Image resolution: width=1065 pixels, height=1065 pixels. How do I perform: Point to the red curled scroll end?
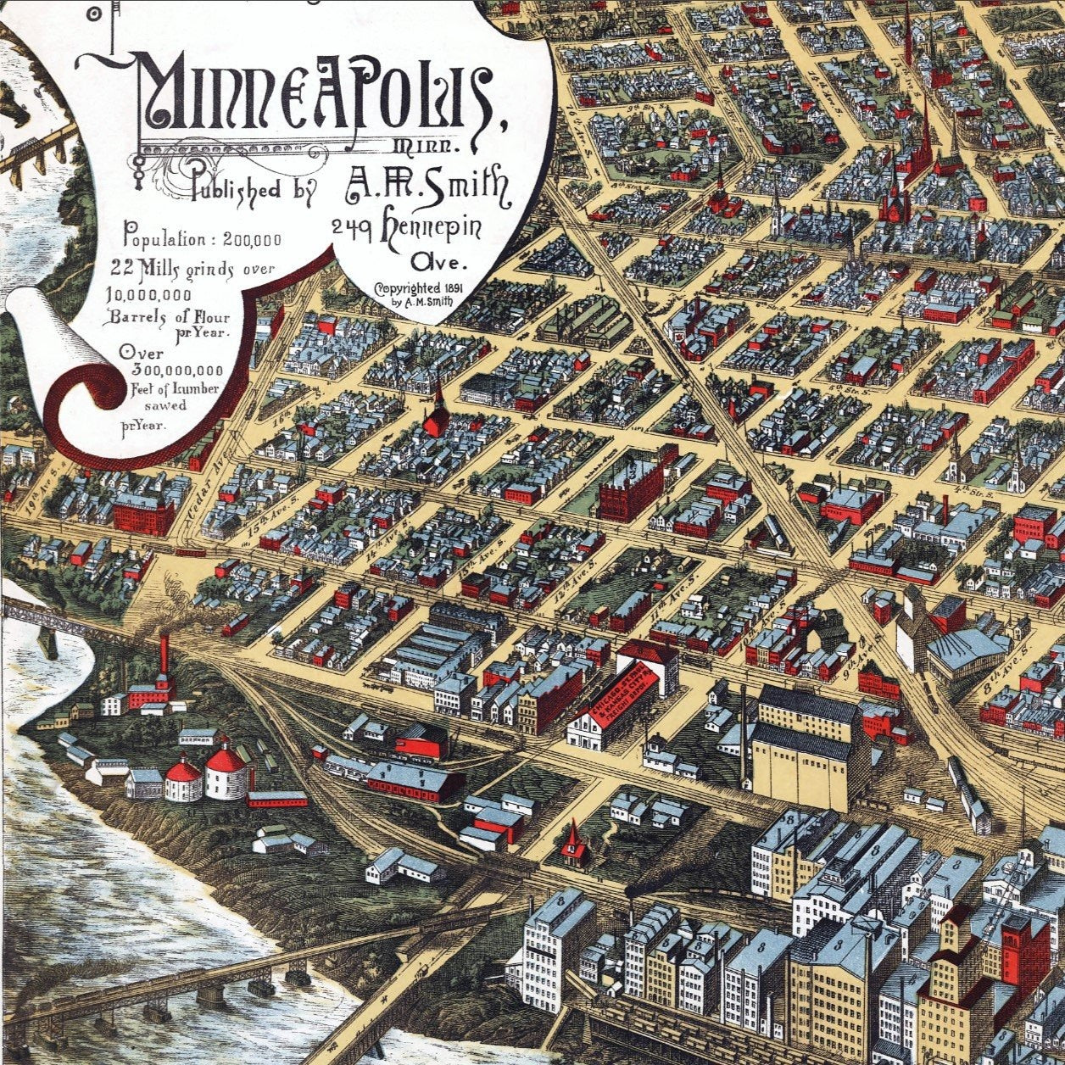[x=85, y=407]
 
